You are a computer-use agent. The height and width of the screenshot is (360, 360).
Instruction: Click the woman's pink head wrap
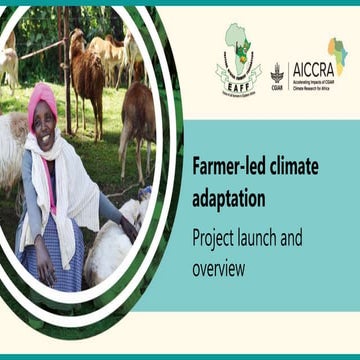pyautogui.click(x=42, y=100)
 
